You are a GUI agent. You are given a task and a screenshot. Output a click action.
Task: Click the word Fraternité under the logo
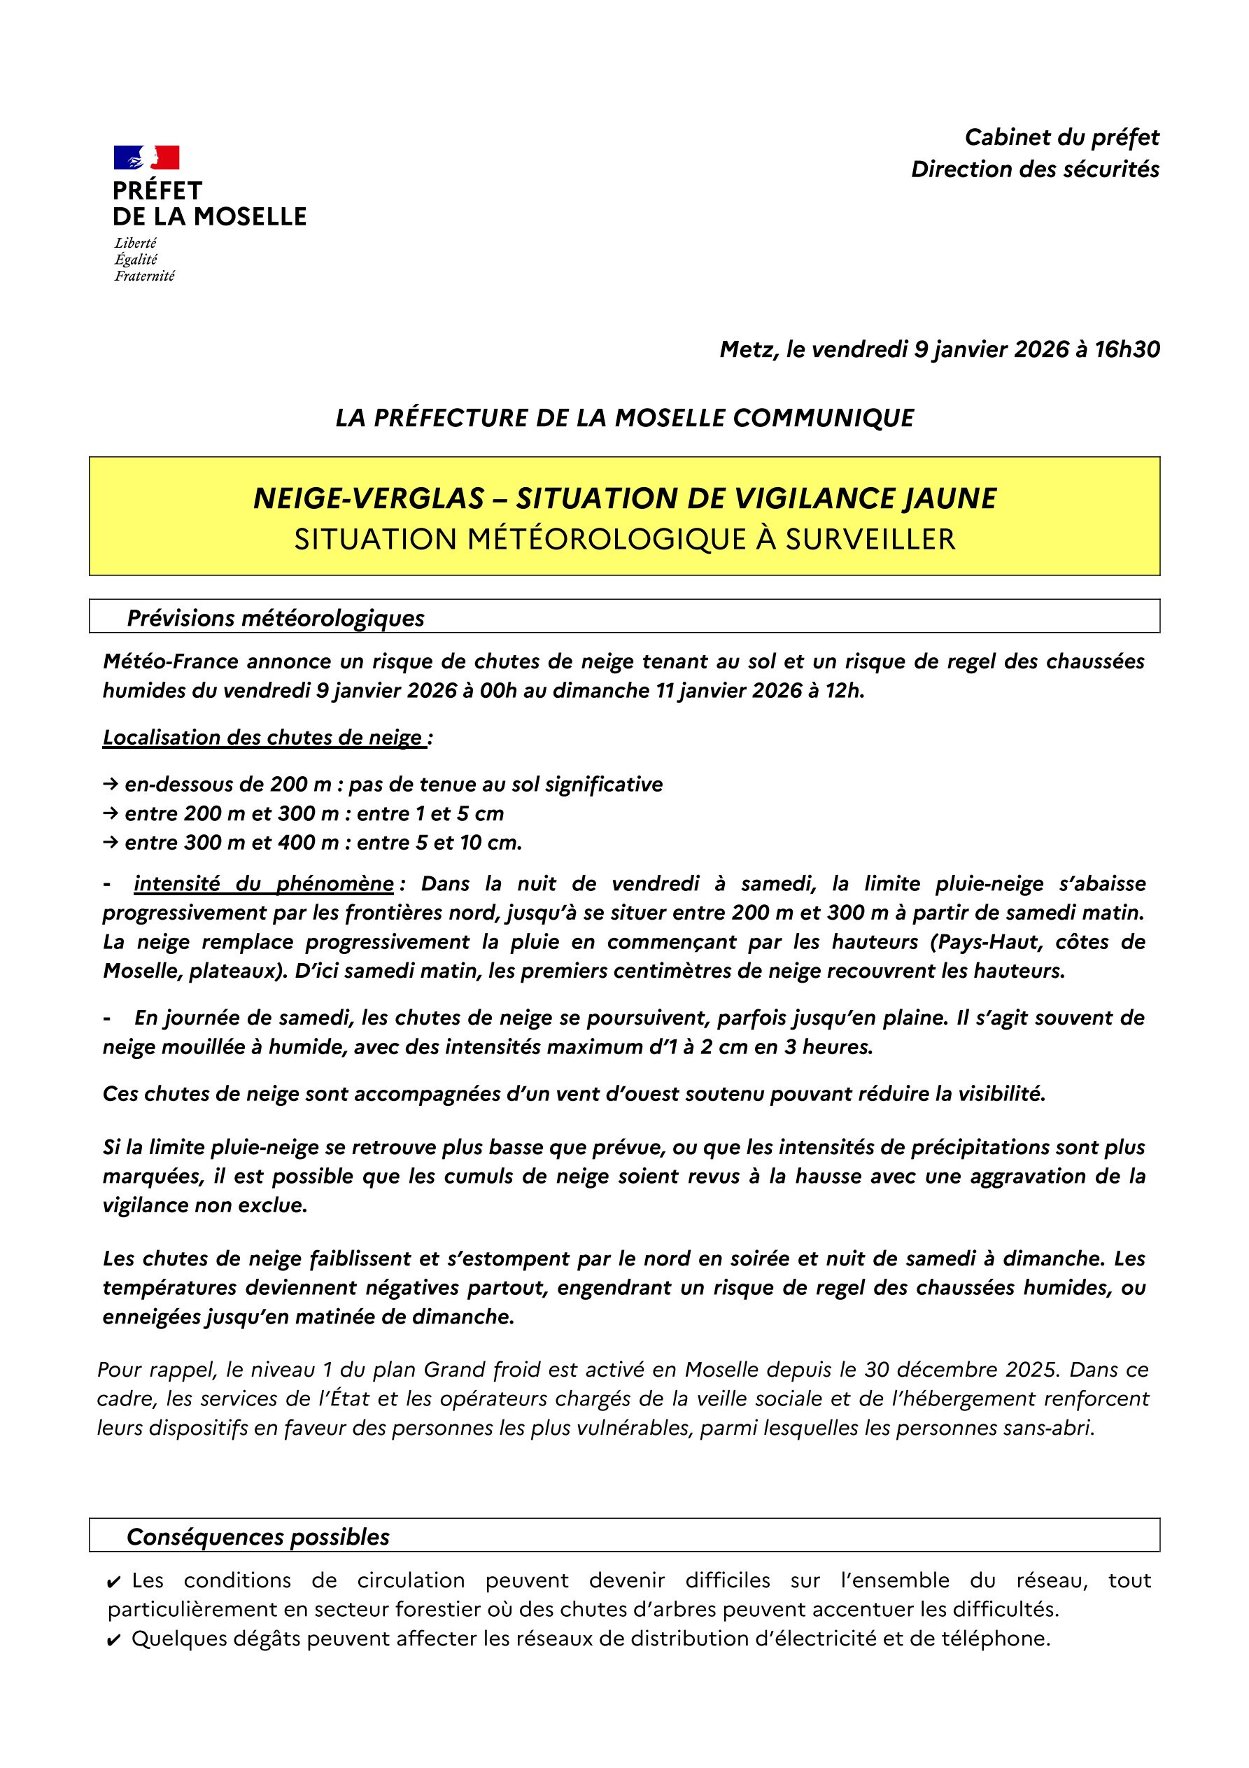pos(144,276)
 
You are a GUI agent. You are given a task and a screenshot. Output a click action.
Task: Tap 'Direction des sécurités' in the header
pos(1035,169)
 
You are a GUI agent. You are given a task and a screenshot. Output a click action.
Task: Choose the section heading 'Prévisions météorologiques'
pos(275,618)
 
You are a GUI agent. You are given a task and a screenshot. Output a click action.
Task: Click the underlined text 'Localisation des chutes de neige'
pos(262,738)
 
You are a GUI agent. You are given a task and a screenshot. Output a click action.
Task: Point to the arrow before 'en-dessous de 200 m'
pos(109,785)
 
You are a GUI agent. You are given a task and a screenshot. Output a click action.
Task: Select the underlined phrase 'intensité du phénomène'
pos(263,884)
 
